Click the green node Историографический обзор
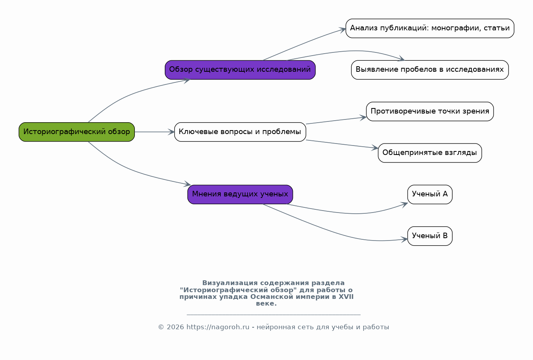[x=76, y=132]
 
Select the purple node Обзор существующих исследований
[x=240, y=70]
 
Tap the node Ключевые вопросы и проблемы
[x=240, y=132]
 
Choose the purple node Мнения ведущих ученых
[x=240, y=194]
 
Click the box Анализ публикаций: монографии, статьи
[x=430, y=28]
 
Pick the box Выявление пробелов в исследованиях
[x=430, y=70]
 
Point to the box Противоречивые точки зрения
[x=430, y=111]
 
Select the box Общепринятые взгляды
[x=430, y=153]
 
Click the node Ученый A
[x=430, y=194]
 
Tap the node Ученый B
[x=430, y=236]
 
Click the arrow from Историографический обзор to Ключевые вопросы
[x=155, y=132]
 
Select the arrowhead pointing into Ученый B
[x=404, y=239]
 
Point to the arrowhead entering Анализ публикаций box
[x=343, y=30]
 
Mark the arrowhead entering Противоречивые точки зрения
[x=363, y=118]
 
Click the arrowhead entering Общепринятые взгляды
[x=375, y=148]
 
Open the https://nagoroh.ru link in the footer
[x=218, y=327]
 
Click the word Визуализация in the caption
[x=230, y=283]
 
